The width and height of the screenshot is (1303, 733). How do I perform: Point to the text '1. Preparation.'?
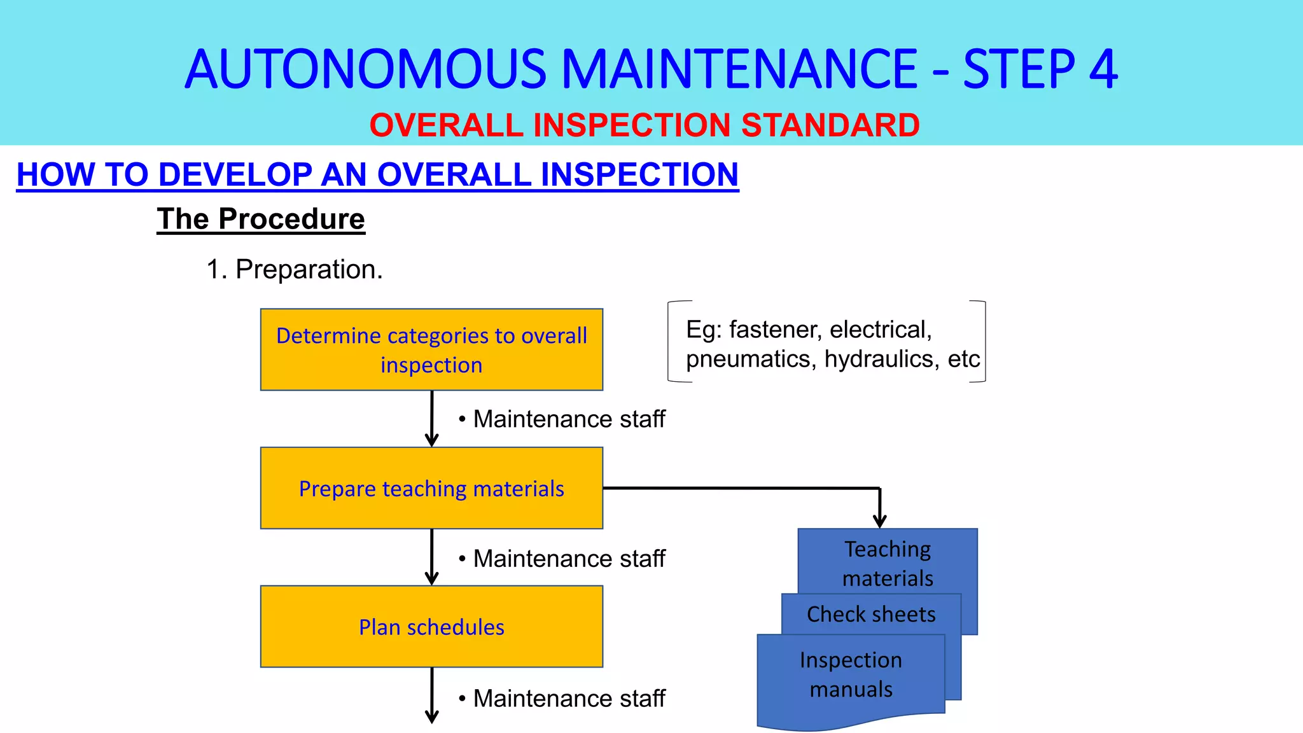click(295, 269)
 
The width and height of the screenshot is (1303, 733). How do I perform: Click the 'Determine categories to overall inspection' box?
click(431, 350)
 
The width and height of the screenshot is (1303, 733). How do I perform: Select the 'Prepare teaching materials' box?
click(431, 488)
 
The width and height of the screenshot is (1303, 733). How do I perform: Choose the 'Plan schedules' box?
click(431, 627)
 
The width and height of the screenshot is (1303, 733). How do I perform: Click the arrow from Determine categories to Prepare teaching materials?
click(432, 419)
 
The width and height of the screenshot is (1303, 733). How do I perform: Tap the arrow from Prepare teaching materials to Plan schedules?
click(432, 557)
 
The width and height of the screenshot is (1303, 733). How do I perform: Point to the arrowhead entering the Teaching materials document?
click(880, 519)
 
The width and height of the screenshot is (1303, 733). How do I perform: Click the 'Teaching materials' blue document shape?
click(888, 563)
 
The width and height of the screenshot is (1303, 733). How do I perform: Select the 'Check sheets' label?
click(871, 614)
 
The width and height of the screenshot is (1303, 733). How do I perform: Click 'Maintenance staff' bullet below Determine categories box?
click(569, 419)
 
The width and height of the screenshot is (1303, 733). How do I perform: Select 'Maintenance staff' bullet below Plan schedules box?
click(569, 699)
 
